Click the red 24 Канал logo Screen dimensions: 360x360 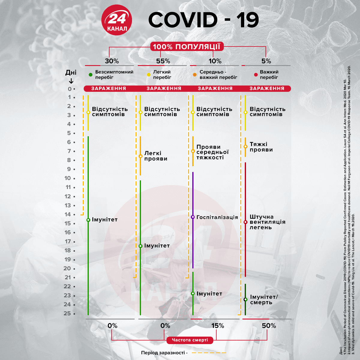tap(117, 20)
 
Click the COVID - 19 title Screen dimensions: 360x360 tap(203, 20)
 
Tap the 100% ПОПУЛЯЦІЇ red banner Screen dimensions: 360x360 tap(187, 46)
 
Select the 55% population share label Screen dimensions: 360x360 tap(163, 61)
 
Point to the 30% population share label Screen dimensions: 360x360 tap(112, 61)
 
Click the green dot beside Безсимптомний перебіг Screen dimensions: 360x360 tap(91, 75)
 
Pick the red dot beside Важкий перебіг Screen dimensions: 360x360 tap(256, 75)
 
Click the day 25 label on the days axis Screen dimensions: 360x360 tap(67, 313)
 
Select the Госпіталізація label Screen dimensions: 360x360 tap(217, 217)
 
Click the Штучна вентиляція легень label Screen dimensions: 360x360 tap(267, 222)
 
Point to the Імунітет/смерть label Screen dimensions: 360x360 tap(264, 299)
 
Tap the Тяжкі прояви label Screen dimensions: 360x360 tap(261, 147)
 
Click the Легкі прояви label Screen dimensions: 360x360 tap(156, 156)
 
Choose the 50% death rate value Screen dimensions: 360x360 tap(268, 325)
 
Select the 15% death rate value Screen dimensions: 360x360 tap(217, 325)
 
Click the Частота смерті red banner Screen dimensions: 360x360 tap(190, 340)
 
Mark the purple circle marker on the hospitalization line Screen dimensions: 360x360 tap(193, 217)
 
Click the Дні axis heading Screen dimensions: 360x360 tap(71, 72)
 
